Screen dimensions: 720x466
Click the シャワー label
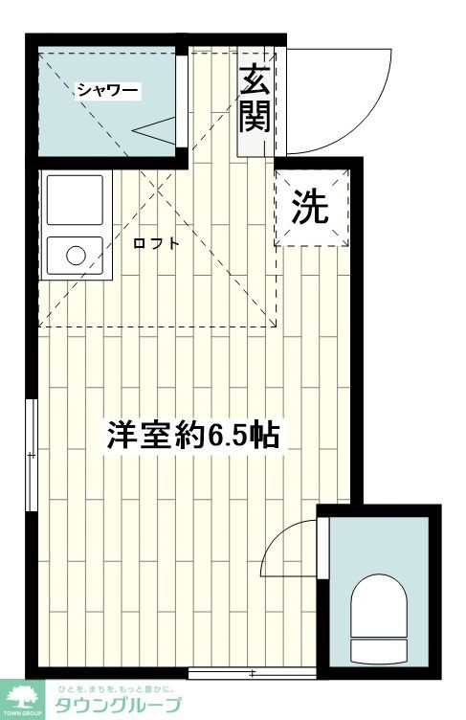[107, 92]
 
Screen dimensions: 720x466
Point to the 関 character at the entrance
[254, 116]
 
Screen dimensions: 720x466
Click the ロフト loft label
[156, 243]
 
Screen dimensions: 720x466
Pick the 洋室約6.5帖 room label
[192, 436]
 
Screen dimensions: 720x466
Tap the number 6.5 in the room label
[231, 437]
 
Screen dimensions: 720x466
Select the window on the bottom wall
[252, 674]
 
